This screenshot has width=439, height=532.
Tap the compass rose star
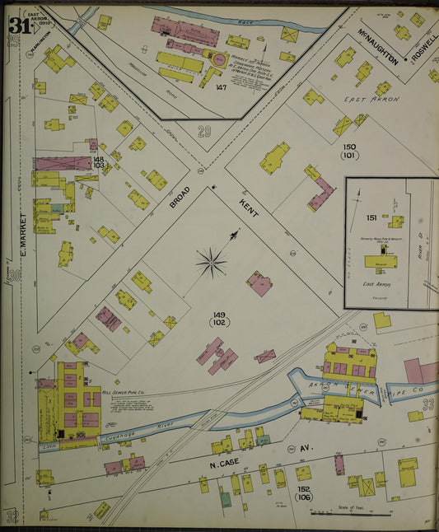pos(212,263)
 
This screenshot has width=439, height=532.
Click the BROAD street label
pos(180,189)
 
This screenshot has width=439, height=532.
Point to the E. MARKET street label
pos(23,234)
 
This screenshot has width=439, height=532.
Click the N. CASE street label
pos(220,464)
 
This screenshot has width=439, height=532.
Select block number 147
pos(221,86)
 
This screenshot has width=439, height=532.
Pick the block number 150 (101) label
pos(348,151)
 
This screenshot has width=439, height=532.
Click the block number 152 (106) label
pos(304,492)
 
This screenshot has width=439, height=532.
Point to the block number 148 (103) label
pos(99,162)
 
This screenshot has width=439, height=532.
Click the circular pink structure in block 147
pos(219,59)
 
